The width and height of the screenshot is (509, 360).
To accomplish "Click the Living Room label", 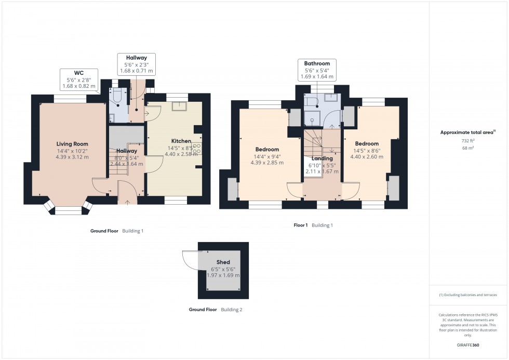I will [x=72, y=144].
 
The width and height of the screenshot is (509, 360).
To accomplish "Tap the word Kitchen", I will [x=181, y=141].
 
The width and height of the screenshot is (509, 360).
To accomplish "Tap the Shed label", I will [x=223, y=262].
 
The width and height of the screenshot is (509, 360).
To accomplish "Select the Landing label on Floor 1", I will [x=322, y=158].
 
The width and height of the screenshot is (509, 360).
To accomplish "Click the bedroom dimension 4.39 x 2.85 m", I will [x=267, y=163].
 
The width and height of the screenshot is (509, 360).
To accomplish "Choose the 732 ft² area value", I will [x=468, y=141].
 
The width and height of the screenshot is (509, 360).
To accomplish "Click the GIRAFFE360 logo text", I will [x=468, y=344].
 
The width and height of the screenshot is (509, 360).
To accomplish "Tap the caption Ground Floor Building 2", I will [x=216, y=310].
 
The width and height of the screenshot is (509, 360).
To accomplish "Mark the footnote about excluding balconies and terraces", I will [x=468, y=295].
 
